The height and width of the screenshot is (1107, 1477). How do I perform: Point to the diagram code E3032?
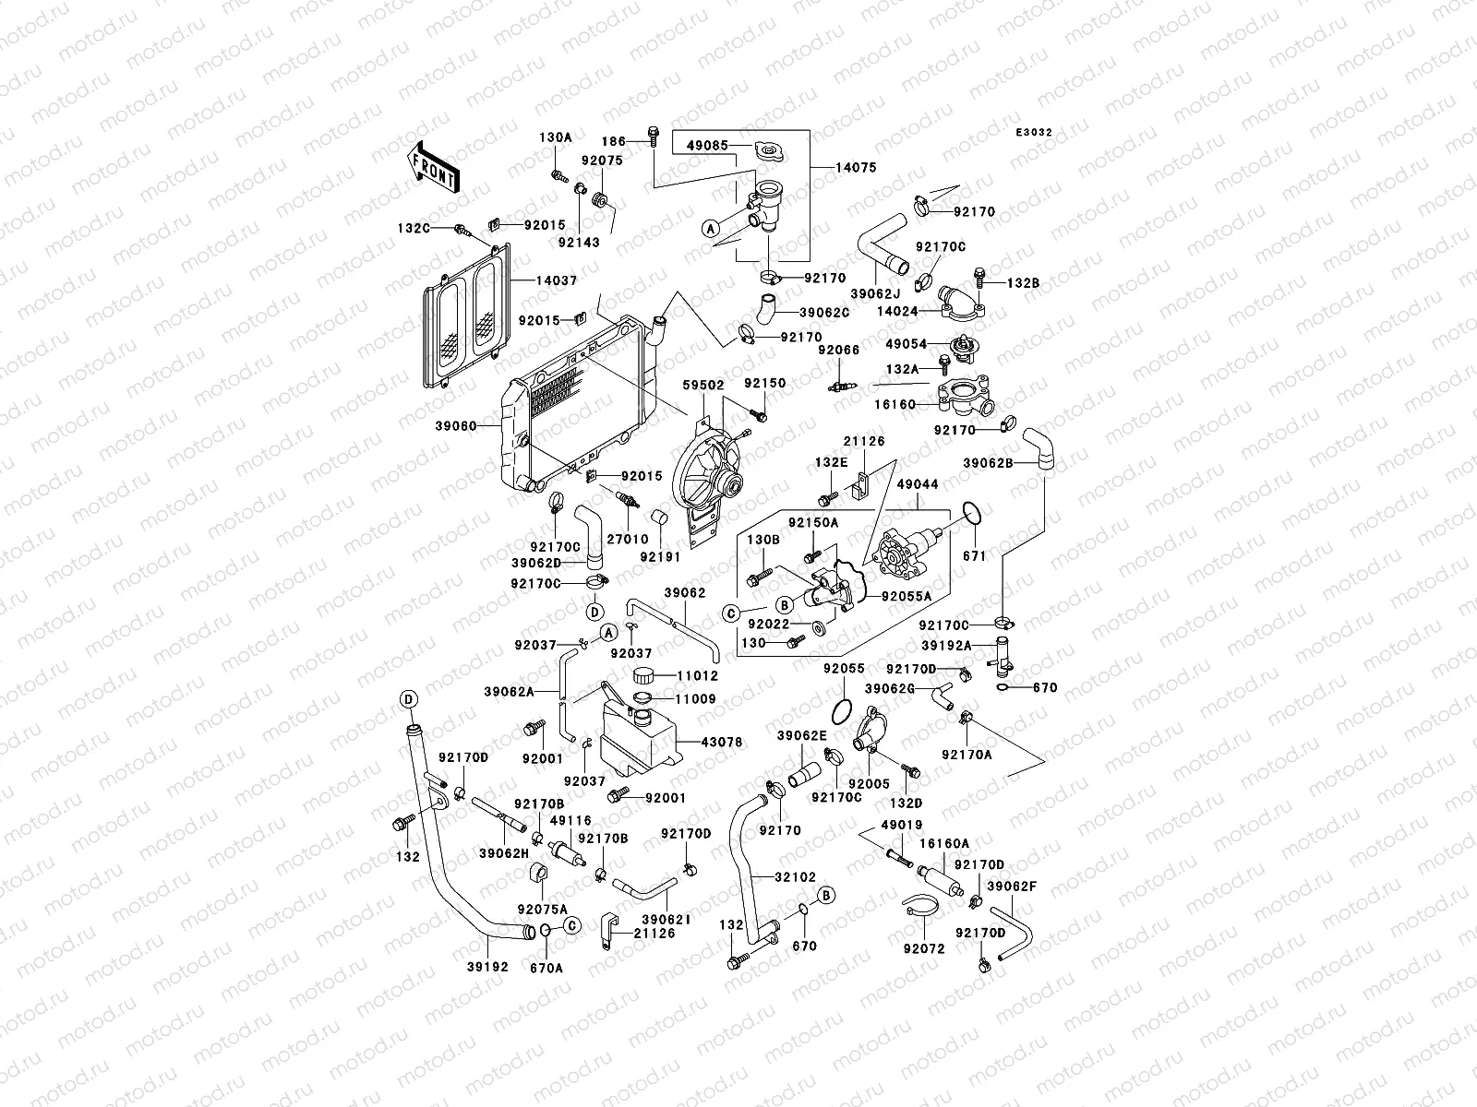1034,133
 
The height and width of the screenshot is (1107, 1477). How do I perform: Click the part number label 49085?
707,145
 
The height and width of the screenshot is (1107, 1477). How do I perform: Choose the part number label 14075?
858,168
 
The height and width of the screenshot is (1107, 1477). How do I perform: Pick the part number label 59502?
703,384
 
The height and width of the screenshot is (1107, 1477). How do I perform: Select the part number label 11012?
698,675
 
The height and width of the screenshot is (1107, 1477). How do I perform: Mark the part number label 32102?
795,876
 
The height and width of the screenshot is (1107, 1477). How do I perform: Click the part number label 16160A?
943,843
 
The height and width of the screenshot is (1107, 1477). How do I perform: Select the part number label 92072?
923,947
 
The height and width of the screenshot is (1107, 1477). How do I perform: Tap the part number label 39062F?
1013,887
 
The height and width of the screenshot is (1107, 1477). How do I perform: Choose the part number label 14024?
899,312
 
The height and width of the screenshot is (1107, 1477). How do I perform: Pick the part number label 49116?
570,819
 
